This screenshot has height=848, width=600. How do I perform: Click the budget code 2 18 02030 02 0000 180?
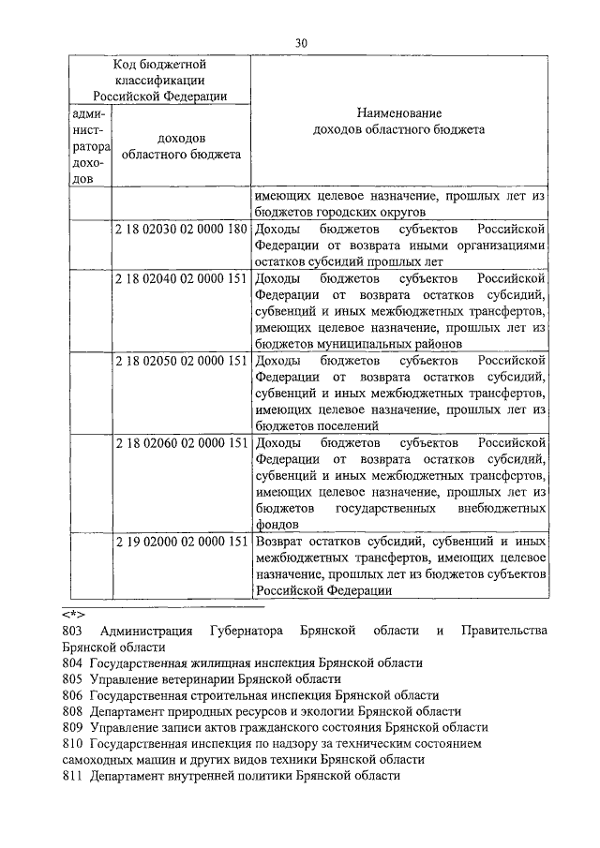181,229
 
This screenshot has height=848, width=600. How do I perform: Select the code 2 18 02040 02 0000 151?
181,279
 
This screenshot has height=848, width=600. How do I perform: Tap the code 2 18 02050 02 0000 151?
181,361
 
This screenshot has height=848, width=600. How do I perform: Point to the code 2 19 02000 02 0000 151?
181,542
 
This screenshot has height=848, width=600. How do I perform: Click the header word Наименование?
398,112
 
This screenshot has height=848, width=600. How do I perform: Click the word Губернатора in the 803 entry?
247,631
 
